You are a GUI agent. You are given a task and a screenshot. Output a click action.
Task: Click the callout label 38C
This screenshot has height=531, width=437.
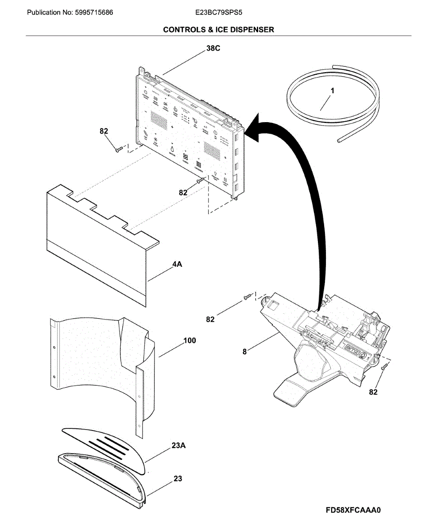click(x=213, y=49)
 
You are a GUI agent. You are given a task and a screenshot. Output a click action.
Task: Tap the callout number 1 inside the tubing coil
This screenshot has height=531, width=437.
click(x=333, y=91)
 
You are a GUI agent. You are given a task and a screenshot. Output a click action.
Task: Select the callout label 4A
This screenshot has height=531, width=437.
click(x=177, y=265)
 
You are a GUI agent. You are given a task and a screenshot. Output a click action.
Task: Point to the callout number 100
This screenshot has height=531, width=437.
click(x=190, y=341)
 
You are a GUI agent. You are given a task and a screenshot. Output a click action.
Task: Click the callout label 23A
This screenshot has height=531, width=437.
click(x=178, y=446)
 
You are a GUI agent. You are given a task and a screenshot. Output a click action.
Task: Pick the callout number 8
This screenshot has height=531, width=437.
click(x=244, y=352)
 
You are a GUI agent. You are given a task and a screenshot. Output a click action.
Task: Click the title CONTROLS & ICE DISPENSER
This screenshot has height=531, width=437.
click(x=218, y=30)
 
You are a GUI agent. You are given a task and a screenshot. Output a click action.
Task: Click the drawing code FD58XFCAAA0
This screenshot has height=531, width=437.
click(x=353, y=510)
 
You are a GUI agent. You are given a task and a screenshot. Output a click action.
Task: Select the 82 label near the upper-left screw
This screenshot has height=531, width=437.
click(x=104, y=131)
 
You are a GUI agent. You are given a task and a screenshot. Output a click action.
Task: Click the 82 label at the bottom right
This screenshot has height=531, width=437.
click(x=373, y=392)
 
